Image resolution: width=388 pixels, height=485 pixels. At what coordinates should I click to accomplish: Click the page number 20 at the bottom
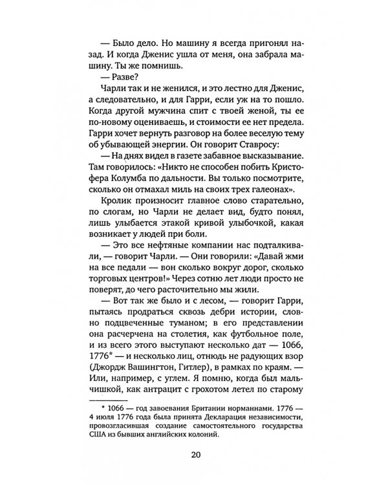196,453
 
